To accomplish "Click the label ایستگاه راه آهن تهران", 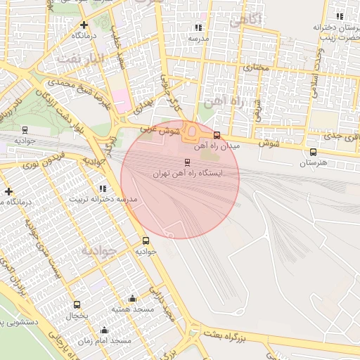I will click(x=187, y=173).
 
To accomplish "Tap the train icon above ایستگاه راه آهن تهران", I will click(x=186, y=162).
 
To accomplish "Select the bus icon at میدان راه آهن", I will click(x=217, y=135).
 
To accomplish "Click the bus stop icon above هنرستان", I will click(x=313, y=152).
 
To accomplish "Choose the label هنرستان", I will click(x=314, y=163).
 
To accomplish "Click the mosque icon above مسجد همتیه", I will click(x=132, y=299).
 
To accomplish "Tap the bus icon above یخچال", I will click(x=77, y=304).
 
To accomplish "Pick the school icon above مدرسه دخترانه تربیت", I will click(x=103, y=188).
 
